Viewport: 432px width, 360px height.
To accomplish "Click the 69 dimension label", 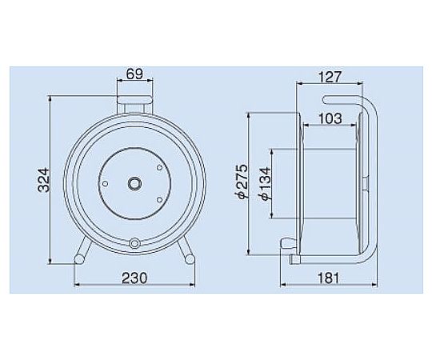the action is [x=135, y=74].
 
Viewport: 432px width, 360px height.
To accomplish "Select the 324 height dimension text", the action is [x=44, y=180].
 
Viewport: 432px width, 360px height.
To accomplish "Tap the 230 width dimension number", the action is [x=134, y=278].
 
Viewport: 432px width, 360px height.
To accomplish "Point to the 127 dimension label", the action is [x=330, y=77].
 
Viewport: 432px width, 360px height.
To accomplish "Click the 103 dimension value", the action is [x=330, y=118].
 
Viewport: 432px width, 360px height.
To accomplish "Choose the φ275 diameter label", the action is [x=242, y=182].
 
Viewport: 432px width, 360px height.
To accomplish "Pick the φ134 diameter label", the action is [x=265, y=184].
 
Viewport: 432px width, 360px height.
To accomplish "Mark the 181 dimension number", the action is [x=329, y=278].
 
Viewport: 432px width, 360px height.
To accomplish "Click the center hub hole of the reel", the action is [x=134, y=183].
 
